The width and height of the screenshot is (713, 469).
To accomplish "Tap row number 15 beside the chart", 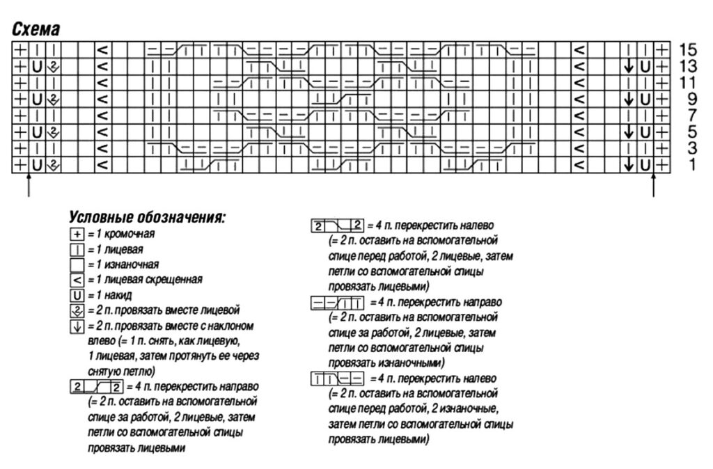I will click(688, 49).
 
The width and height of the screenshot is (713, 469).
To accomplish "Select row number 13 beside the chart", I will click(688, 66).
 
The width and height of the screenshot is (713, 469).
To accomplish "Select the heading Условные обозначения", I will click(147, 218).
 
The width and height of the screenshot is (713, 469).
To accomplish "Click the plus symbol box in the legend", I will click(77, 234).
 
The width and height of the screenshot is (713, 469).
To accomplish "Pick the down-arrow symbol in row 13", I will click(629, 66).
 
